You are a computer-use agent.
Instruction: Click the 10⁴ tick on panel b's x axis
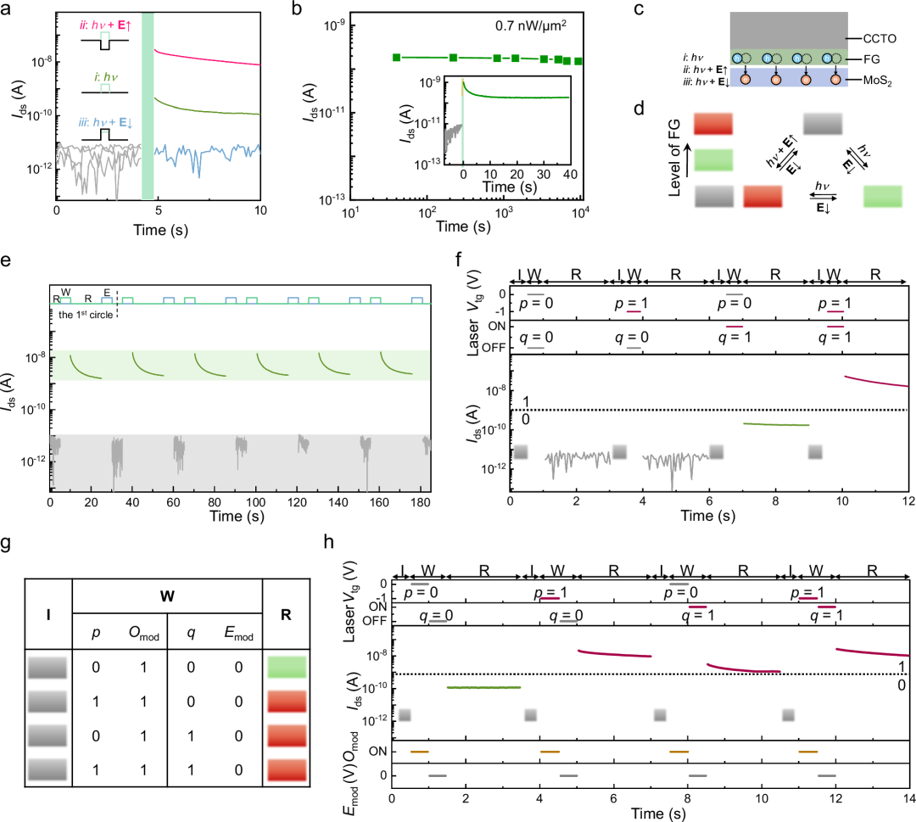pos(580,215)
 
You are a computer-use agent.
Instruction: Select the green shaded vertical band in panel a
pos(147,102)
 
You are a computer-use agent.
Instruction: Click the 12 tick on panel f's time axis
pos(908,502)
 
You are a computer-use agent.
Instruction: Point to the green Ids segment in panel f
pos(776,424)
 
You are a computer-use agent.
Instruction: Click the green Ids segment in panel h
pos(483,687)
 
